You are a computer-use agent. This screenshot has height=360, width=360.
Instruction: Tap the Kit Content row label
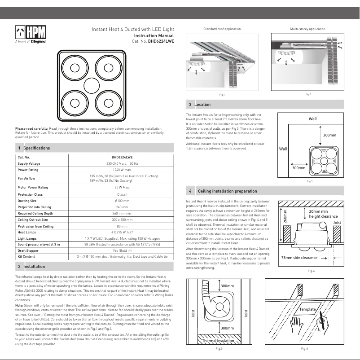click(26, 256)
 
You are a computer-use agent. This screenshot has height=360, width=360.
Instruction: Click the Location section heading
click(202, 105)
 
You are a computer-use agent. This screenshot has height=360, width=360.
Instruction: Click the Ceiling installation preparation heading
click(227, 191)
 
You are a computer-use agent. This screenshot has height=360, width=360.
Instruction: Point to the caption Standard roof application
click(222, 29)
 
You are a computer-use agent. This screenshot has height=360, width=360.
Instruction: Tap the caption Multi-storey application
click(307, 29)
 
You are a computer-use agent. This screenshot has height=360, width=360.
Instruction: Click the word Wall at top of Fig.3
click(312, 119)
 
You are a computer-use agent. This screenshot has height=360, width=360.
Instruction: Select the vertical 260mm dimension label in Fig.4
click(285, 216)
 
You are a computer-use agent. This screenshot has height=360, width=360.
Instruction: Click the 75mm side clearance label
click(299, 258)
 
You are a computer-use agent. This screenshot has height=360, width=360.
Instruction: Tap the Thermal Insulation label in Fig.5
click(218, 341)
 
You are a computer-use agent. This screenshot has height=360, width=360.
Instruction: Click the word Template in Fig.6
click(308, 310)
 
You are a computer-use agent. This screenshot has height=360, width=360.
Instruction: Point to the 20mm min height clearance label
click(323, 214)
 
